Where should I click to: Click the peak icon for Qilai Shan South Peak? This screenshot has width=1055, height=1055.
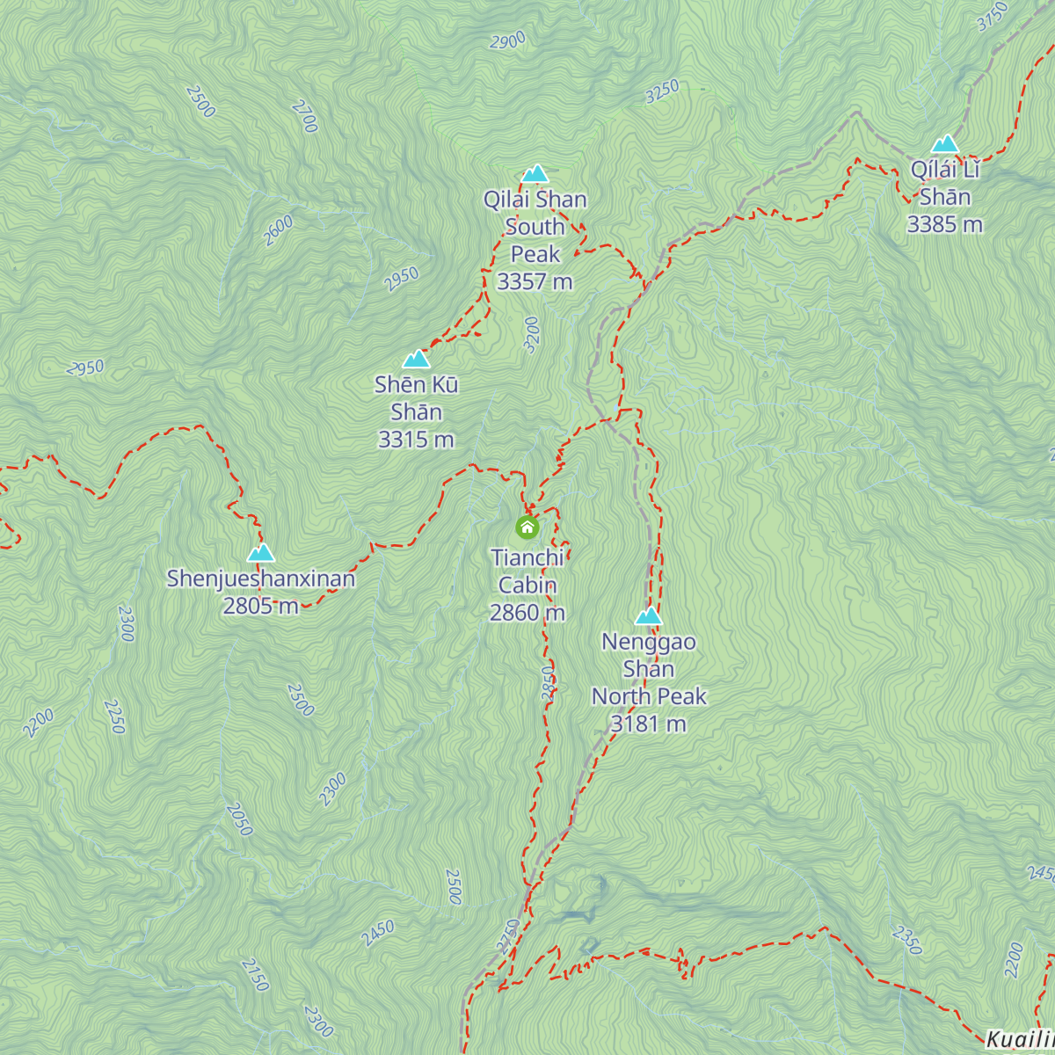(535, 173)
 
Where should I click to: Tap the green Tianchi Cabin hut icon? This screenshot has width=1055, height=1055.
(527, 527)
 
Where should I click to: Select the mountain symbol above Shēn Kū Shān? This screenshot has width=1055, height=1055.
(416, 359)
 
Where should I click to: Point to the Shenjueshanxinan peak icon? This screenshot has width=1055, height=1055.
(260, 552)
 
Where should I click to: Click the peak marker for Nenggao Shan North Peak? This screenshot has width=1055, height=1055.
(648, 615)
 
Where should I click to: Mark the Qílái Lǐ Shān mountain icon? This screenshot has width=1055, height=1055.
(944, 143)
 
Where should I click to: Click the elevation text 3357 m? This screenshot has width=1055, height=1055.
(535, 282)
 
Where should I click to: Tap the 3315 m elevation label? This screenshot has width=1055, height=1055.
(416, 440)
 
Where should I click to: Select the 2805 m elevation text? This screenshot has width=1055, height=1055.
(260, 606)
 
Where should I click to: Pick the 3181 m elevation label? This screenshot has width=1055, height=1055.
(648, 724)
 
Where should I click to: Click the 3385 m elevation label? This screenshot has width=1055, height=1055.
(944, 225)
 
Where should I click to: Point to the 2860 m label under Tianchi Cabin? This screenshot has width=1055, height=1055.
(527, 613)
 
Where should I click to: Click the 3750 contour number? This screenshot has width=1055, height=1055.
(993, 17)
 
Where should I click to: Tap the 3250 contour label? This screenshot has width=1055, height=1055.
(662, 91)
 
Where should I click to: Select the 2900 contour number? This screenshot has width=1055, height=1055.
(508, 40)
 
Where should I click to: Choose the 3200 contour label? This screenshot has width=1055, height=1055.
(531, 334)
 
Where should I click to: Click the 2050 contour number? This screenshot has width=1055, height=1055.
(238, 819)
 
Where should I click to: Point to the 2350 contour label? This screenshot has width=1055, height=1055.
(906, 940)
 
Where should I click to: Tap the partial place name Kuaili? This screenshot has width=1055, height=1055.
(1019, 1040)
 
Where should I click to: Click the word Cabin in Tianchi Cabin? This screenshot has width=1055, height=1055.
(527, 586)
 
